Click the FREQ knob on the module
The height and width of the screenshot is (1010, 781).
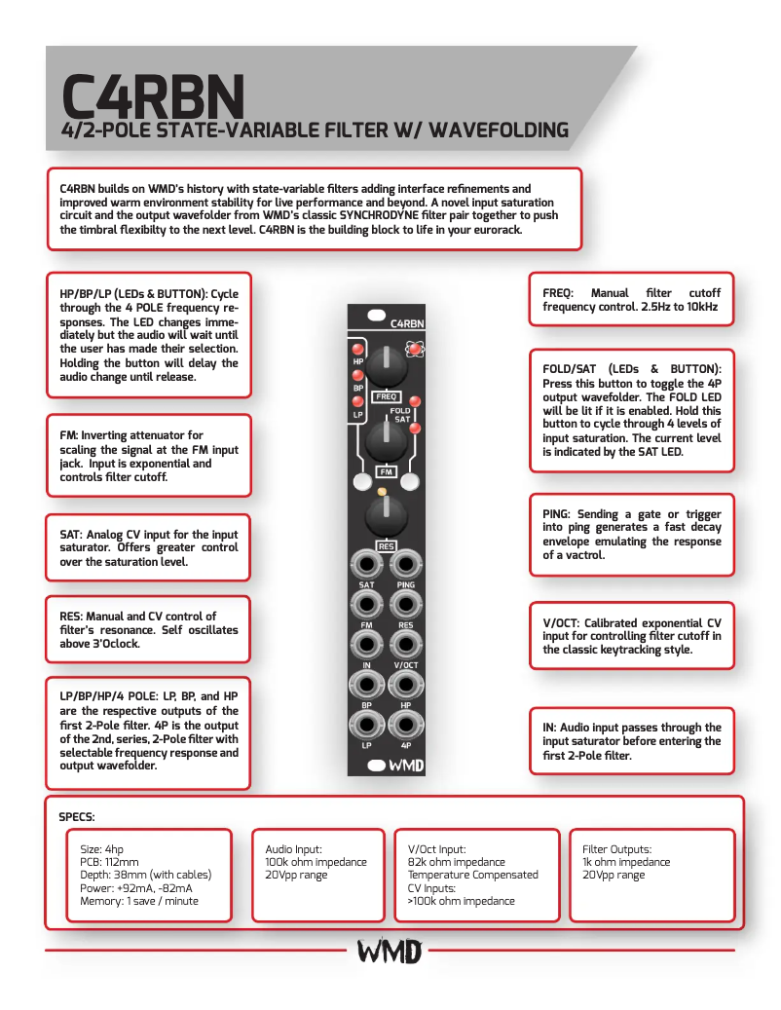(386, 367)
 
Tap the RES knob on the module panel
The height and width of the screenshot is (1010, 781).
(386, 516)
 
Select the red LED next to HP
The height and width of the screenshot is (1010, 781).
(357, 349)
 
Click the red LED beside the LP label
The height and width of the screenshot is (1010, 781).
(357, 401)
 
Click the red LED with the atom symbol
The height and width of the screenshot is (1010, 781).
(416, 349)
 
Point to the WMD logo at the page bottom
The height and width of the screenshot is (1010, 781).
(390, 951)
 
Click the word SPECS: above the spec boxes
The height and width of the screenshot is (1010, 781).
(77, 816)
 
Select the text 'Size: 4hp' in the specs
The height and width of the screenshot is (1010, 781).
(102, 848)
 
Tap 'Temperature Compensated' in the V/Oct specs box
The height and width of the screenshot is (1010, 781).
(472, 875)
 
